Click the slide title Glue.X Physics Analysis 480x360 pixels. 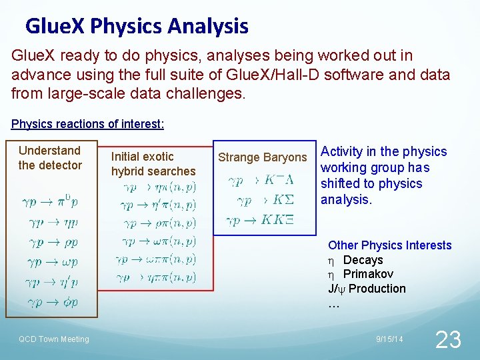[x=137, y=27]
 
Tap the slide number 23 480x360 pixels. [x=447, y=340]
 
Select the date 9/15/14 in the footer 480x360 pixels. [x=389, y=340]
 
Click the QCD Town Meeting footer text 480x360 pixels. [x=53, y=339]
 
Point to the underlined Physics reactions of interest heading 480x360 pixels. [x=88, y=124]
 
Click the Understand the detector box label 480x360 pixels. [x=50, y=158]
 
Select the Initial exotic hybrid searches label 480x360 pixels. [x=153, y=164]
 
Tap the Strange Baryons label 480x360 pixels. [x=263, y=158]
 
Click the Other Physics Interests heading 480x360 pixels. [x=390, y=245]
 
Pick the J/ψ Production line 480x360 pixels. [x=367, y=289]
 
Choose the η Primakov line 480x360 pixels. [x=361, y=274]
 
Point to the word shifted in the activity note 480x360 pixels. [x=339, y=183]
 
